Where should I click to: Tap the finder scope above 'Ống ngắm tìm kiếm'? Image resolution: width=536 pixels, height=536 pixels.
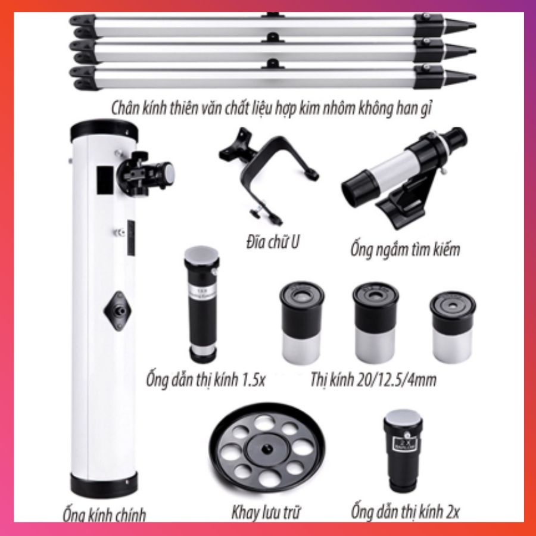pyautogui.click(x=405, y=177)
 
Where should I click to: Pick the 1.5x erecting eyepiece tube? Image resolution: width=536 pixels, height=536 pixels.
pyautogui.click(x=202, y=304)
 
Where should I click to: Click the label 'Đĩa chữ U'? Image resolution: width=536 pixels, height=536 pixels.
pyautogui.click(x=272, y=242)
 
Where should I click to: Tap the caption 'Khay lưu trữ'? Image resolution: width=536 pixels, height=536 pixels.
pyautogui.click(x=266, y=512)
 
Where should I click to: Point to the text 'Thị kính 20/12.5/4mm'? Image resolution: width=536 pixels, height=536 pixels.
pyautogui.click(x=373, y=379)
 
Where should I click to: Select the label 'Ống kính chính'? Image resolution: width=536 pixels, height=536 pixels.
pyautogui.click(x=104, y=515)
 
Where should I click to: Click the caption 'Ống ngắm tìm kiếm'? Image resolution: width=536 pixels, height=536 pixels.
pyautogui.click(x=405, y=249)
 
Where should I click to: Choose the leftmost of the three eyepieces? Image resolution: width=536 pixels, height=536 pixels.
pyautogui.click(x=301, y=322)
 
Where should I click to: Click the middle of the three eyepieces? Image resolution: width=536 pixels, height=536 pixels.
pyautogui.click(x=375, y=322)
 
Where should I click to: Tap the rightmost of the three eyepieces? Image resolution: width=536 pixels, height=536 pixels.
pyautogui.click(x=452, y=326)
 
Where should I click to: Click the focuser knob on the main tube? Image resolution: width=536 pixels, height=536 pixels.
pyautogui.click(x=167, y=172)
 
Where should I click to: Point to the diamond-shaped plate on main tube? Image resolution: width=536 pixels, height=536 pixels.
pyautogui.click(x=117, y=311)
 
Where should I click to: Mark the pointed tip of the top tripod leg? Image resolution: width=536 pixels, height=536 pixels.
pyautogui.click(x=475, y=25)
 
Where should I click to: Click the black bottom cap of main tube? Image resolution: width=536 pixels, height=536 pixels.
pyautogui.click(x=104, y=485)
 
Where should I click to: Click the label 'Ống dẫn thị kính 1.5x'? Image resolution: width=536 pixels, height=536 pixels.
pyautogui.click(x=206, y=379)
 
